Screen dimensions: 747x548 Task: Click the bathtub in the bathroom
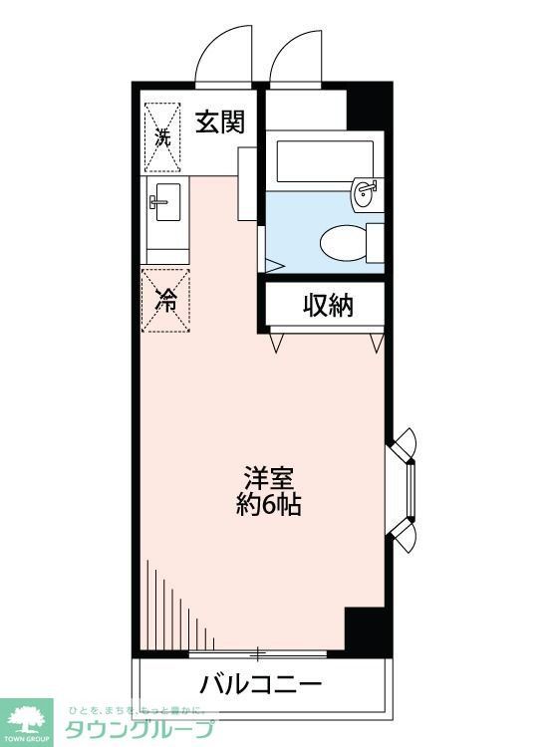(321, 158)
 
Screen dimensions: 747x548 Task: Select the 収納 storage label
(328, 306)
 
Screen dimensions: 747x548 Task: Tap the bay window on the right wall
(408, 487)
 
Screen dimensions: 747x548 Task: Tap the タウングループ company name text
(139, 728)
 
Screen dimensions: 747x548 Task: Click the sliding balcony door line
(259, 654)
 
